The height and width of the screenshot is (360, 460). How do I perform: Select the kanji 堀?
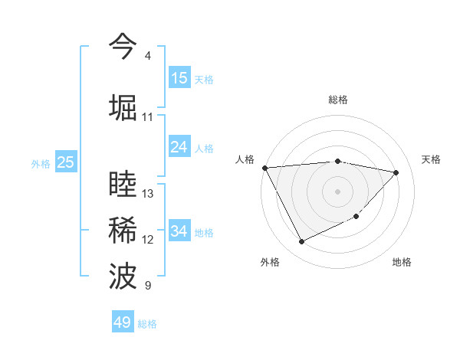coord(123,107)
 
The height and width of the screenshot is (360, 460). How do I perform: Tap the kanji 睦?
coord(123,185)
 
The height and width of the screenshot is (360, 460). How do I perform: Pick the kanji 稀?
coord(123,231)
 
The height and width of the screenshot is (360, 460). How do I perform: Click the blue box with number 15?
coord(179,78)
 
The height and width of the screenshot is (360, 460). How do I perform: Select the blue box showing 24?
coord(179,147)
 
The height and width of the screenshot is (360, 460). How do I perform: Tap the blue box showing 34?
coord(179,231)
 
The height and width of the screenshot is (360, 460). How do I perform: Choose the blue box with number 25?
coord(65,162)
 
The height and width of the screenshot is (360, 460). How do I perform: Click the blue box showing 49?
coord(123,322)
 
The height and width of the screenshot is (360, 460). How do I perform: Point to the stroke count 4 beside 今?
coord(147,56)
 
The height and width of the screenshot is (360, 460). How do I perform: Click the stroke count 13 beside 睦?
coord(148,194)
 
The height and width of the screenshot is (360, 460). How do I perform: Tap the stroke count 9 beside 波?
coord(147,286)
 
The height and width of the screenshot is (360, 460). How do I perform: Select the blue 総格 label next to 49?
coord(147,324)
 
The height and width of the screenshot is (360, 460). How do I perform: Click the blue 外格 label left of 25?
coord(40,163)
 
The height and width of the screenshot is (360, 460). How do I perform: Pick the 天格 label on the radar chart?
coord(432,159)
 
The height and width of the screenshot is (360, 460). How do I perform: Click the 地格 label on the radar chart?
coord(402,262)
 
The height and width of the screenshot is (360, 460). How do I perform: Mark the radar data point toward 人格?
coord(264,168)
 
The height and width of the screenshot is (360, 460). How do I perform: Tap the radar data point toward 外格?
coord(301,242)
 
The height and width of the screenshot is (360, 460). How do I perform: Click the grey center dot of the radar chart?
coord(337,191)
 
